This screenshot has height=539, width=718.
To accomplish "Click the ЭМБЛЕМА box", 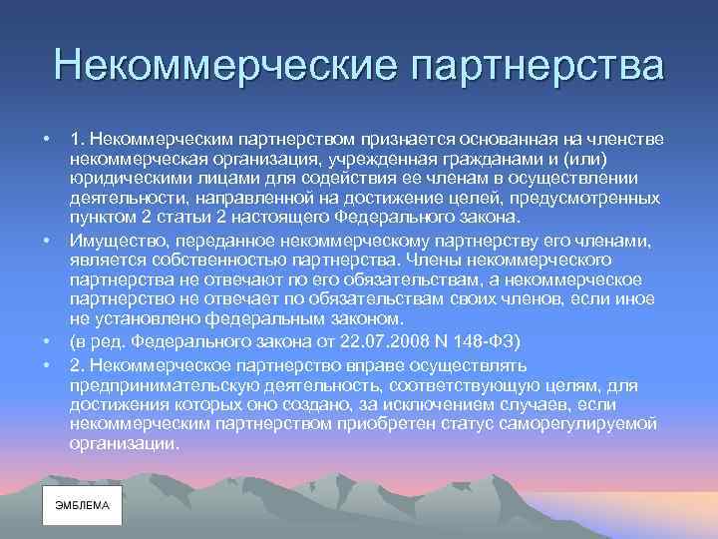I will [x=83, y=505].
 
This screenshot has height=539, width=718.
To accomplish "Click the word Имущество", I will [x=112, y=241].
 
